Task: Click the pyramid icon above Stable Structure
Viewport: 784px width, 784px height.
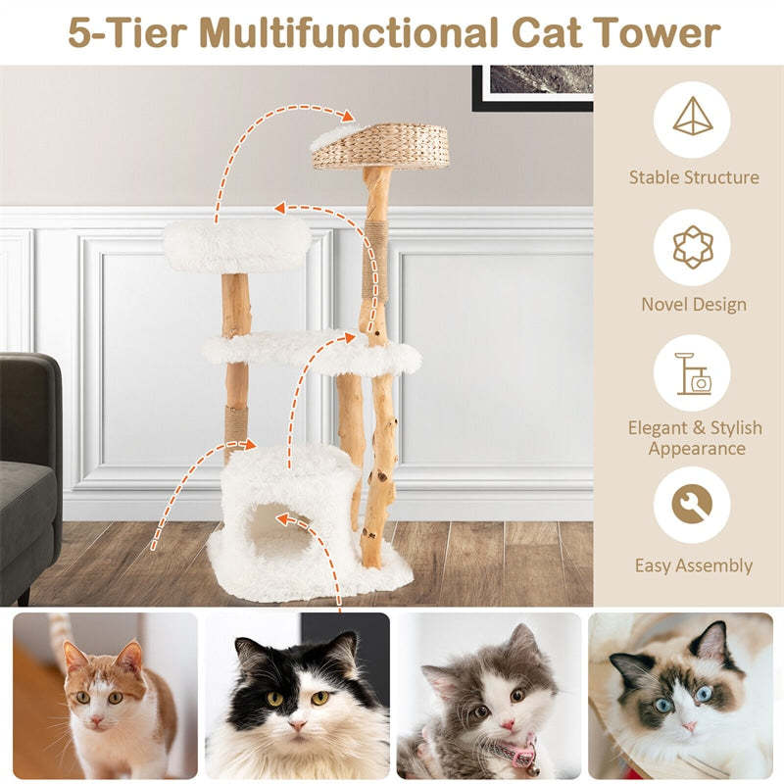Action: (x=692, y=120)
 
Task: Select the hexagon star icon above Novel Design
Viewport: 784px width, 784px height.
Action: (x=692, y=247)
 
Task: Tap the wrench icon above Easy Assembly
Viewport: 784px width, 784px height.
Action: (x=692, y=505)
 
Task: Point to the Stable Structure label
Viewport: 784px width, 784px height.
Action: (x=694, y=177)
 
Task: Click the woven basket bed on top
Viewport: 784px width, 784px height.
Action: (x=382, y=147)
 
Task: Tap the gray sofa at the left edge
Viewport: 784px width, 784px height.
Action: (x=27, y=470)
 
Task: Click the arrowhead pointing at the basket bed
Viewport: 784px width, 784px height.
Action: (x=349, y=117)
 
